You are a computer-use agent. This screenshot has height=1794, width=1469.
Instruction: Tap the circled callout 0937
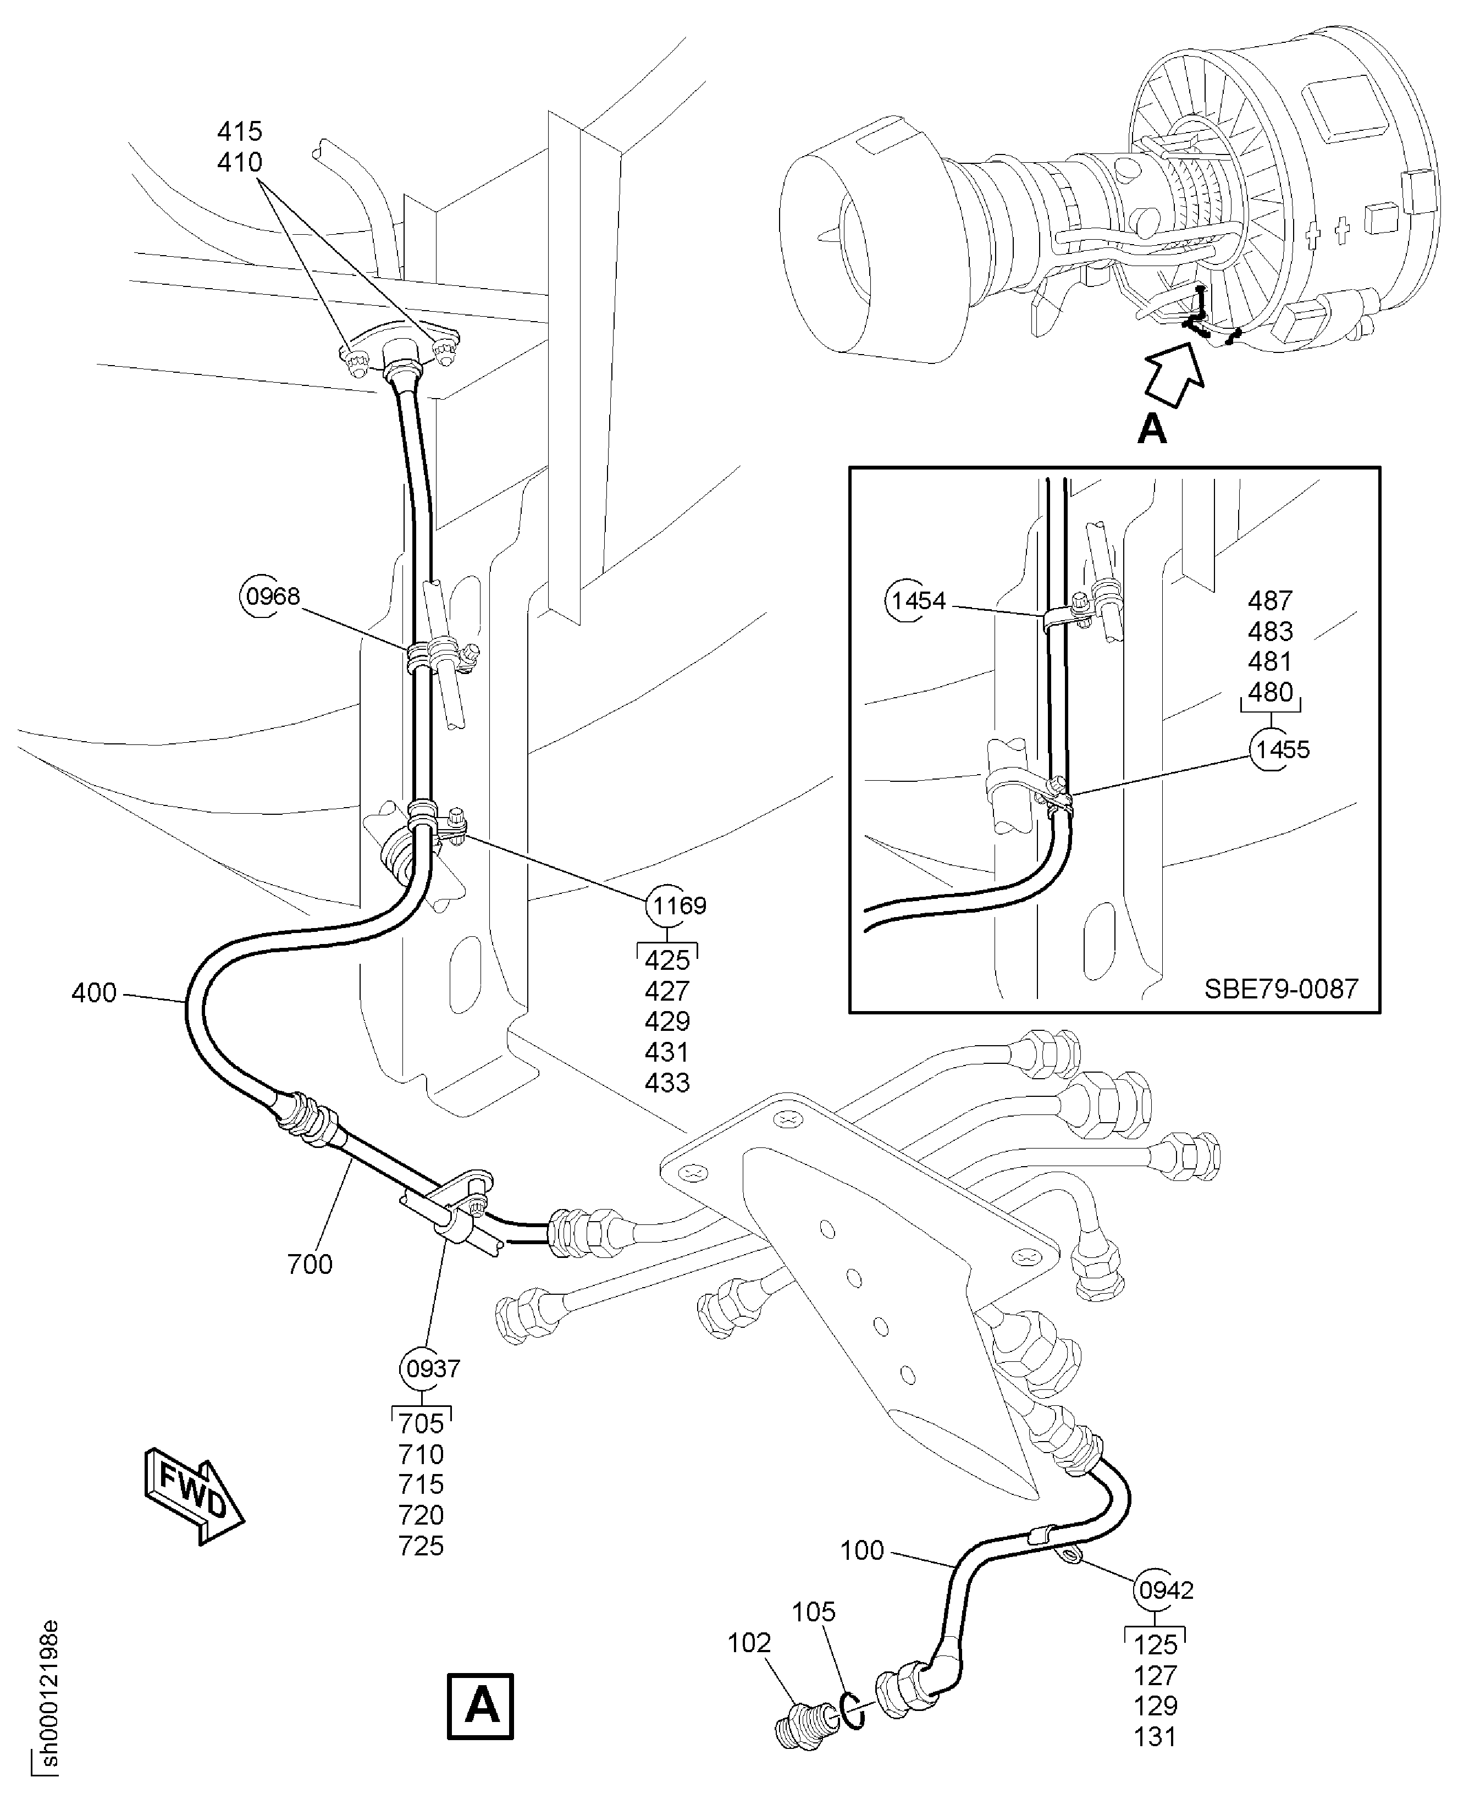coord(433,1368)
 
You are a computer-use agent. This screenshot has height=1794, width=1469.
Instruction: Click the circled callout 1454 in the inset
coord(917,601)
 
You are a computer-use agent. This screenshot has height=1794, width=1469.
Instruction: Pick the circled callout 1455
coord(1281,750)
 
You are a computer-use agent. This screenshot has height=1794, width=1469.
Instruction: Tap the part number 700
coord(310,1264)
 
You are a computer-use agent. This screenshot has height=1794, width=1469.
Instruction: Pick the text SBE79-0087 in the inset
coord(1281,989)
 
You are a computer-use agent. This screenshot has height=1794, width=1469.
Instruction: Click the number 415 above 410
coord(240,131)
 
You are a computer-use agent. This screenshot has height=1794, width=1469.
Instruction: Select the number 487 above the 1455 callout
coord(1270,601)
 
